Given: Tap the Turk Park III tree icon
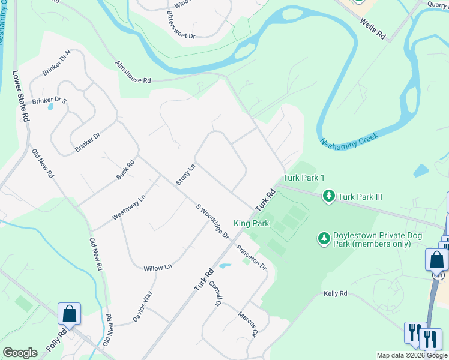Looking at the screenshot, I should [x=328, y=196].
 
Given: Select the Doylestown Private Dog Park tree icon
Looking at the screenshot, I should [x=324, y=239].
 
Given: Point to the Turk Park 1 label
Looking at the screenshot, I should [x=304, y=178].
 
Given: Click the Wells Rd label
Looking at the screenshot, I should [x=373, y=28].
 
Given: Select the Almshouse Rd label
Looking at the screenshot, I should [x=133, y=72].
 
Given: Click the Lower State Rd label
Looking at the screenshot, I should [x=21, y=97].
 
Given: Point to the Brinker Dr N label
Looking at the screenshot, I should [x=57, y=62].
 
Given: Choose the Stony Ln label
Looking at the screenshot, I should [x=185, y=174].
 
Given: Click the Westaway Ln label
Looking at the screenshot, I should [x=129, y=208].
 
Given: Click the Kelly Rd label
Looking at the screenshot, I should [x=336, y=293].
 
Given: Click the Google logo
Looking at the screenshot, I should [x=20, y=352].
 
